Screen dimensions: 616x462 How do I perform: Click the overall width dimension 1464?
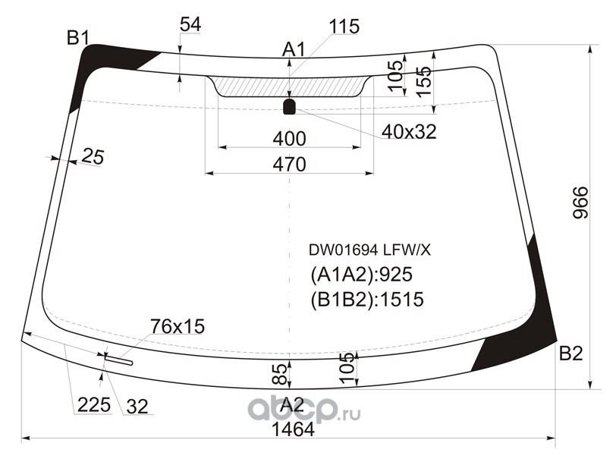(x=293, y=429)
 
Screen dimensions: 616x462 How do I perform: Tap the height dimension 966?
(x=580, y=203)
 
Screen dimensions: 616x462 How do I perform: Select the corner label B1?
(x=78, y=38)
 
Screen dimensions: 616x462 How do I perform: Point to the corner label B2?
(x=570, y=354)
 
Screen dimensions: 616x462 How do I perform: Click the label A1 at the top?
(x=294, y=50)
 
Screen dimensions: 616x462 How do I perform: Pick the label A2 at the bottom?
(x=292, y=404)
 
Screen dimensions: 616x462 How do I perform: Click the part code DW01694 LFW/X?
(x=369, y=250)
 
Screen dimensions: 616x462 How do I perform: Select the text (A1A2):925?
(x=361, y=275)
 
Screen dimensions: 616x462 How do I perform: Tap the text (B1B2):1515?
(x=367, y=300)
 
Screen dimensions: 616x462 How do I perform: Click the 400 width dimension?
(x=289, y=139)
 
